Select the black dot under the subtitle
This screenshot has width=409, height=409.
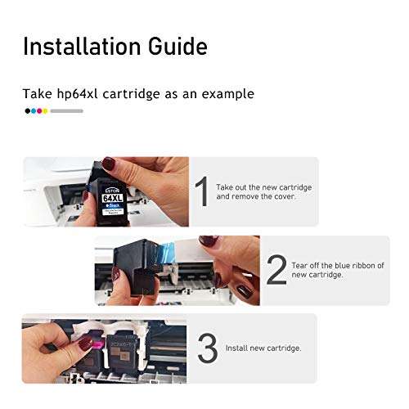tap(27, 110)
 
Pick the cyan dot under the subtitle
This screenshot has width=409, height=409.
tap(33, 110)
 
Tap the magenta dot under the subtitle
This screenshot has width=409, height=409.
tap(38, 110)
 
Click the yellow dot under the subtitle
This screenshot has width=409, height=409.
tap(45, 110)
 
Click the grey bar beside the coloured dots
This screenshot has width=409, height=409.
tap(66, 110)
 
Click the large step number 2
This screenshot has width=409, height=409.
tap(276, 271)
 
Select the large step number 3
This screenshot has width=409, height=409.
tap(208, 348)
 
